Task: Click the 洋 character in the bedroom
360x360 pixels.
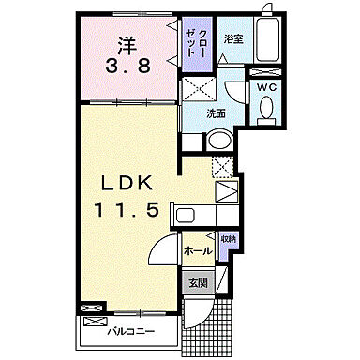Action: (128, 44)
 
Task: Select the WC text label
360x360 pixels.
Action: (264, 87)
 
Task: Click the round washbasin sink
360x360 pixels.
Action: (218, 142)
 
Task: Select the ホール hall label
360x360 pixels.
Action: (197, 250)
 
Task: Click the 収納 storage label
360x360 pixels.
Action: (229, 241)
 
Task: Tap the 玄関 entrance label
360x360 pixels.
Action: (198, 280)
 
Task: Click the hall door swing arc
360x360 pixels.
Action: (164, 251)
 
